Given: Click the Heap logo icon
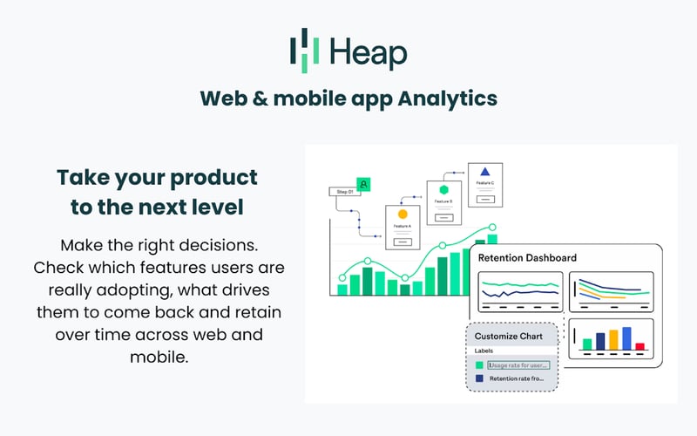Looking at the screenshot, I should click(299, 51).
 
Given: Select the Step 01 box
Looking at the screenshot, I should click(343, 191).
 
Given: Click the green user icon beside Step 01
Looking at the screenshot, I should click(364, 183).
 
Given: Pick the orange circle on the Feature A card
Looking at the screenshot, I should click(403, 214).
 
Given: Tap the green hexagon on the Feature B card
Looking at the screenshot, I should click(443, 189).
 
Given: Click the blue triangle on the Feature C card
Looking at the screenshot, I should click(486, 172).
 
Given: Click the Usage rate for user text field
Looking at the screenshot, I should click(519, 364).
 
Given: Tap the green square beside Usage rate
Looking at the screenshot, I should click(479, 364).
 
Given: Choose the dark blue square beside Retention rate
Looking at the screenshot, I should click(479, 379).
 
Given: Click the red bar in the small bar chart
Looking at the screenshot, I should click(640, 346).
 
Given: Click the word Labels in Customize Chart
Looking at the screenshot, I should click(484, 351).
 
